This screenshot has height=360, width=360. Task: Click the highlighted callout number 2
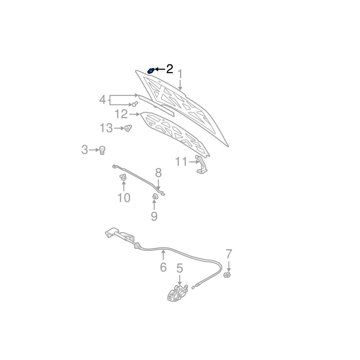[169, 69]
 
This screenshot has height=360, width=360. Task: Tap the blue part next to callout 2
[151, 71]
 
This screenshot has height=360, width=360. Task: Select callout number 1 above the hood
[180, 74]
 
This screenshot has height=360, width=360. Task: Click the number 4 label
[103, 99]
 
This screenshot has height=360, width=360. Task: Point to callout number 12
[121, 114]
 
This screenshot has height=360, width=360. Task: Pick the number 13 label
[106, 129]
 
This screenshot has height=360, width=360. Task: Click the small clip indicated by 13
[128, 128]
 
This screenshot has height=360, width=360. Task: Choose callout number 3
[85, 150]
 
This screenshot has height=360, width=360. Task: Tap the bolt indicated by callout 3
[102, 150]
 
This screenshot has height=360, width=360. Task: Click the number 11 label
[181, 161]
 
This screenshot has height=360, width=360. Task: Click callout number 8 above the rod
[158, 172]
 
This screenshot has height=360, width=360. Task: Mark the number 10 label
[124, 197]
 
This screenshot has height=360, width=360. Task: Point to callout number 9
[154, 216]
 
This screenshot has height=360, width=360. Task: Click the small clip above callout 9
[154, 196]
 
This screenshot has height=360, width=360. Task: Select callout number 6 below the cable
[163, 267]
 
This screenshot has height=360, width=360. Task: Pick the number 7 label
[229, 253]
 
